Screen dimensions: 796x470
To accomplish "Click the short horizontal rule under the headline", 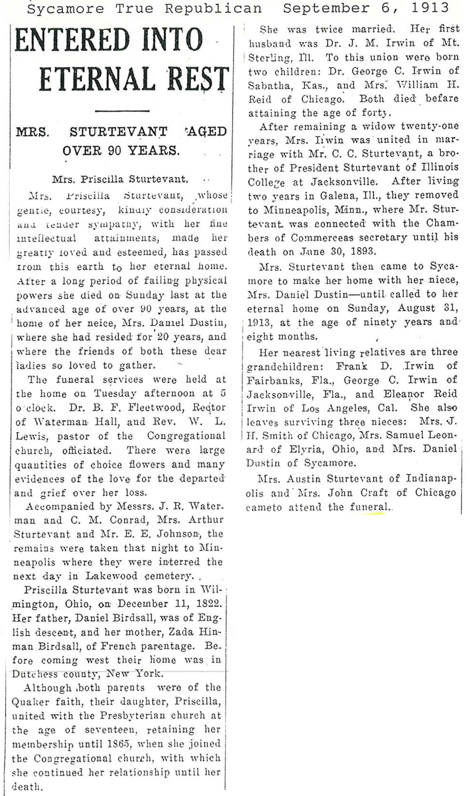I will pos(122,111).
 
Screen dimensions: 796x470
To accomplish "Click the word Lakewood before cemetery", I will pos(111,576).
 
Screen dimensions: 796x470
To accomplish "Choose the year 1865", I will pos(114,744).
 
